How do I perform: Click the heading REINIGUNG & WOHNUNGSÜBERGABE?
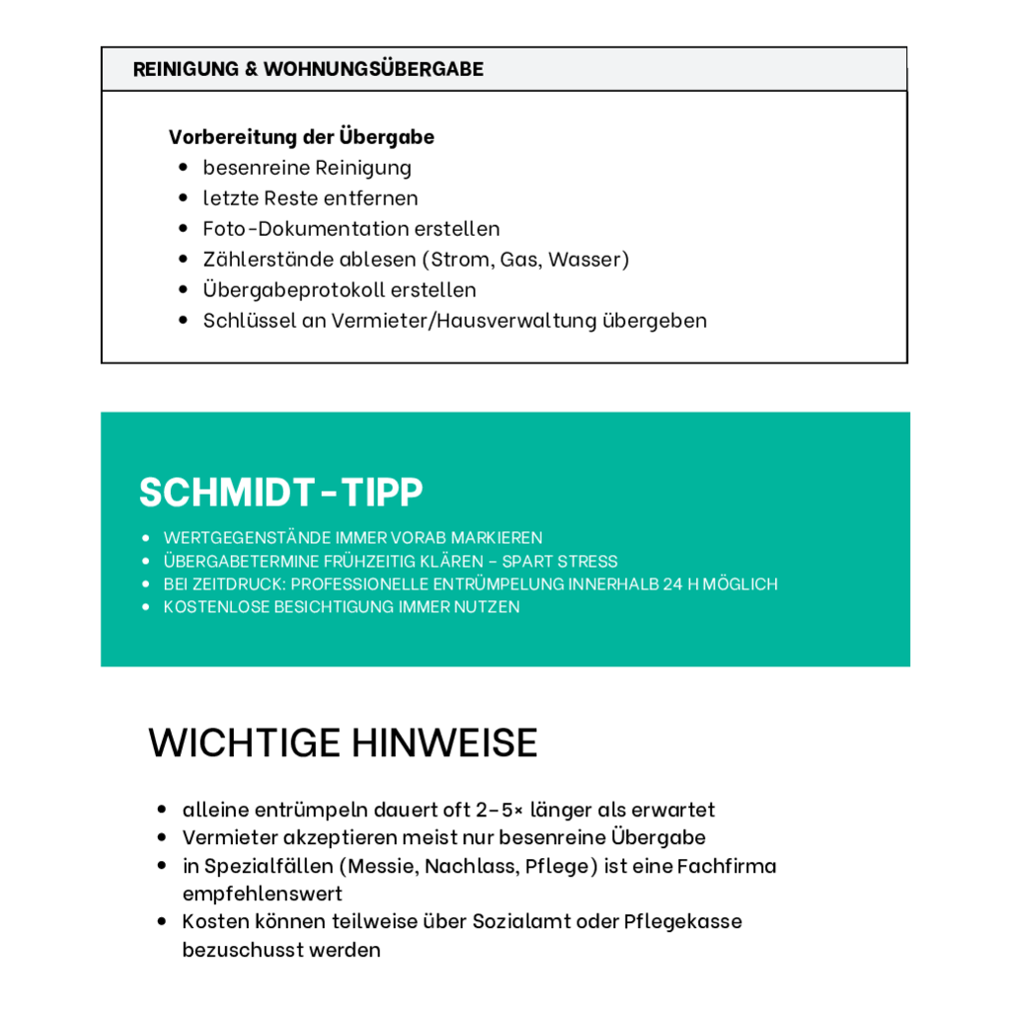308,69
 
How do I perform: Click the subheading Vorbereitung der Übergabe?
301,136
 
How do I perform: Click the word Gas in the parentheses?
518,259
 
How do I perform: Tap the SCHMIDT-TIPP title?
281,492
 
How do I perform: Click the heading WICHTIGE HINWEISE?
343,742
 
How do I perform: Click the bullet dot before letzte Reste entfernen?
183,197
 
